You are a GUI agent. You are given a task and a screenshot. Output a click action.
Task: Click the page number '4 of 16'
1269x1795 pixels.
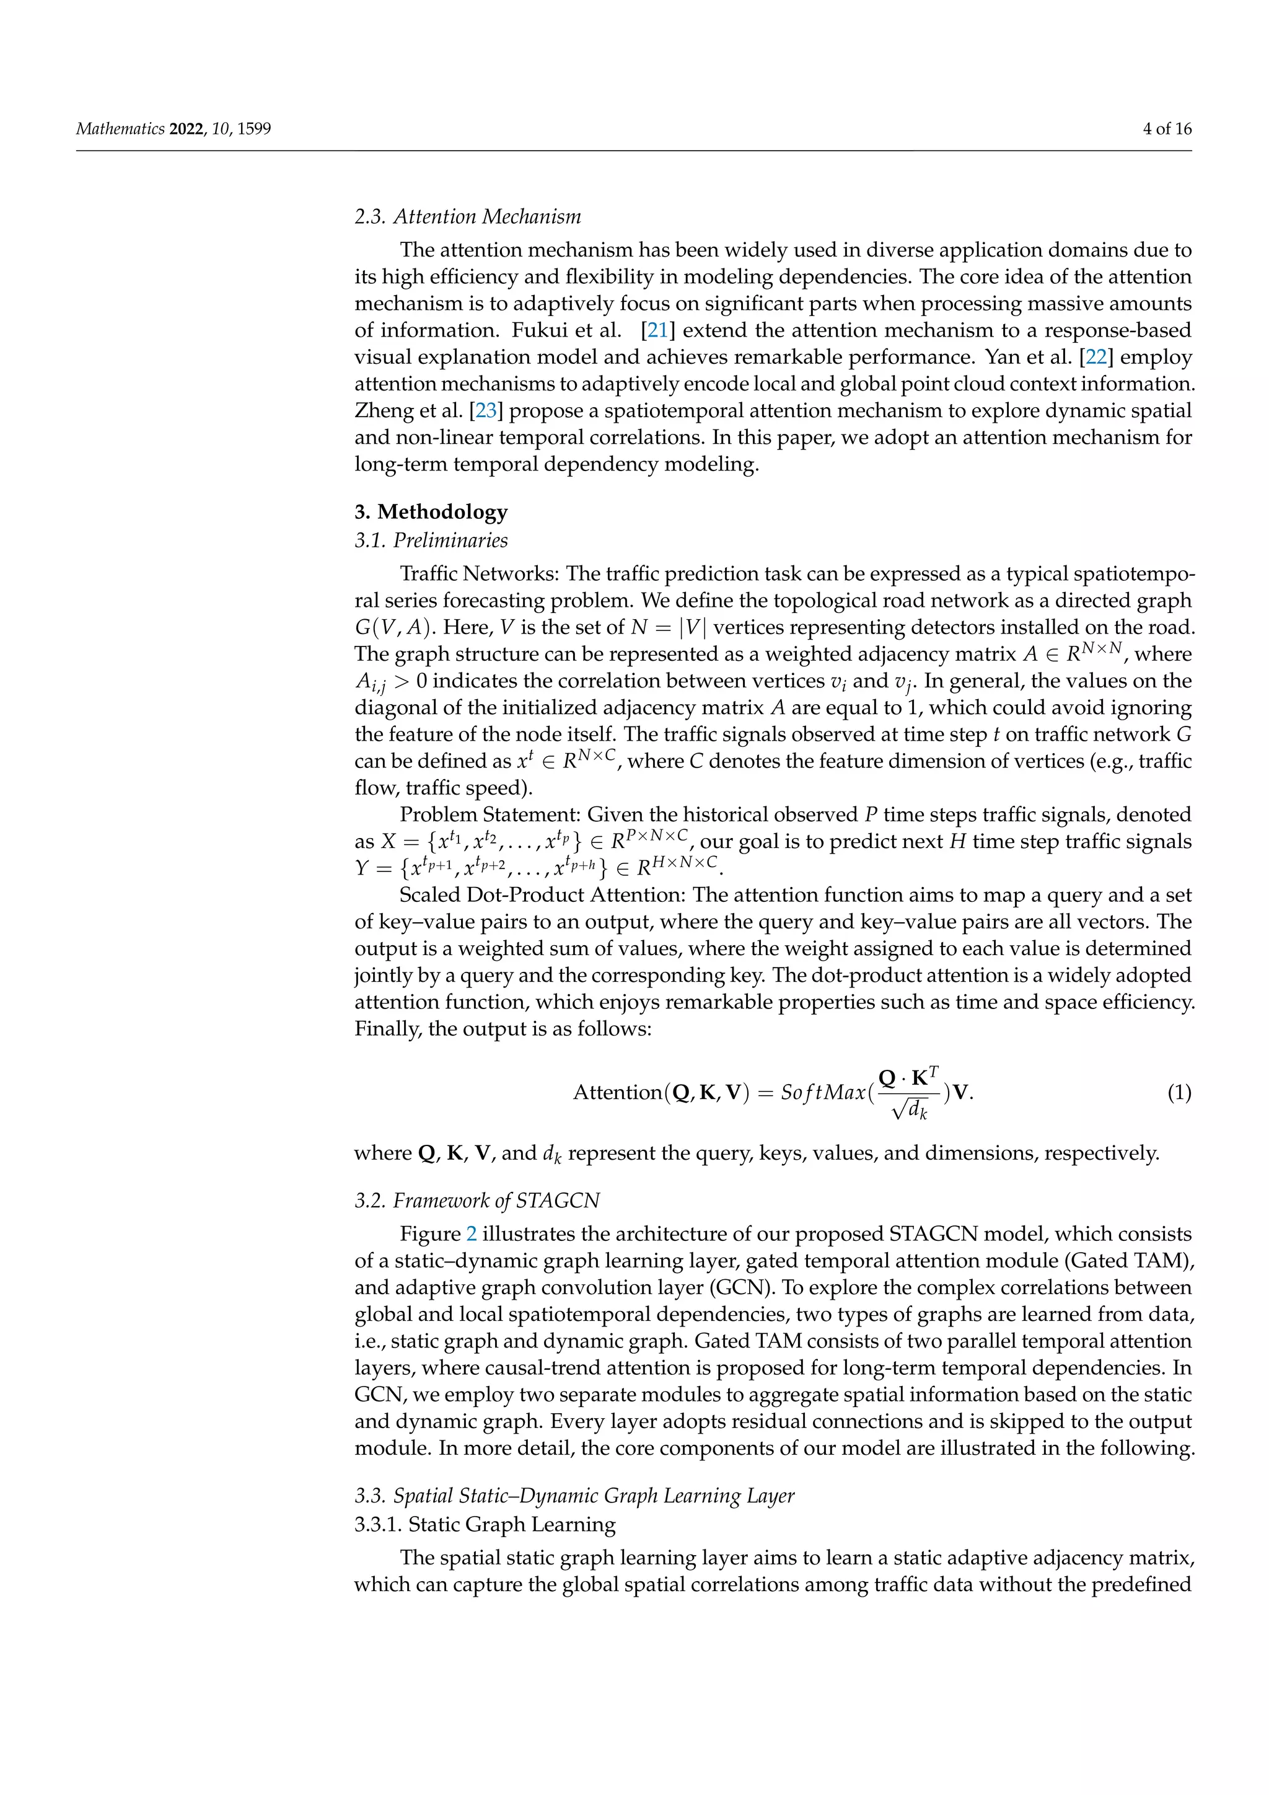pos(1167,129)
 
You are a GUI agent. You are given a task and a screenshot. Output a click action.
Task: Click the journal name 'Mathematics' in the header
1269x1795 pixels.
pos(120,129)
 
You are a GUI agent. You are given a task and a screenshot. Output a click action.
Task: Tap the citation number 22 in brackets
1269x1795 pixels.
pos(1096,357)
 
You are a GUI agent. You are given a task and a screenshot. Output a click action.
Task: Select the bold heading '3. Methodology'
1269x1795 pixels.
pos(431,512)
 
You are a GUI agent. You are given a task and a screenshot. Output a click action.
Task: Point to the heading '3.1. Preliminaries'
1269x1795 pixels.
pos(431,540)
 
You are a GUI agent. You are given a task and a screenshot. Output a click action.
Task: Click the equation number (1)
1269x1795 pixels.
pos(1179,1092)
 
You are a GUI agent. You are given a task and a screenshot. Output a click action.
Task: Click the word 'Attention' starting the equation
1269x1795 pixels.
pos(617,1093)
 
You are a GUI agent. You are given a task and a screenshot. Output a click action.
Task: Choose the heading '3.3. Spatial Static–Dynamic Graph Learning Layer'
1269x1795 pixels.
pos(574,1496)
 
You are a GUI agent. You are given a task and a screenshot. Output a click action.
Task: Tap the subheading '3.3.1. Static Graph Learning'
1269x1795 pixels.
pos(485,1525)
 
